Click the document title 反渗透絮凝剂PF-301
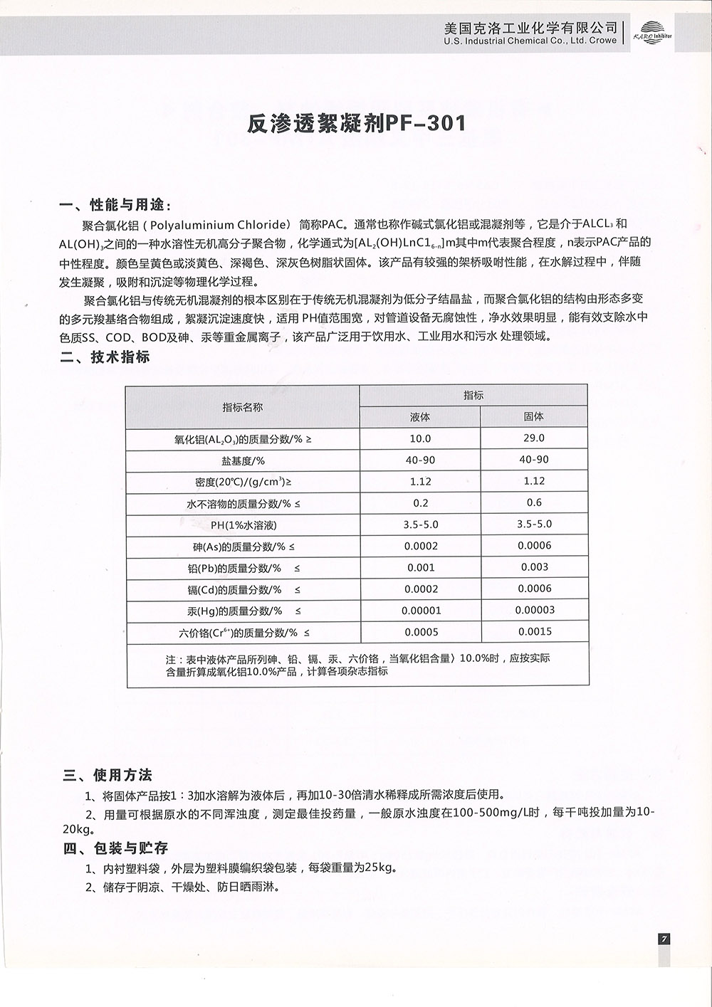356,124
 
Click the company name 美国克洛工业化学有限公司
530,28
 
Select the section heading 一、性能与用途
116,206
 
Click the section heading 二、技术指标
105,357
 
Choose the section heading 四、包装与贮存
116,848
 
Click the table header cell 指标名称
242,407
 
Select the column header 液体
420,417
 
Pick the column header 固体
533,416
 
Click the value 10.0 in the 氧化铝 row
420,439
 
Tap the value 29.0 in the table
533,438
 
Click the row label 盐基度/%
243,460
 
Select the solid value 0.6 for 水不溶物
534,502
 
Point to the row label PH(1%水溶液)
243,525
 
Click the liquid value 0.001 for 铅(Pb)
420,568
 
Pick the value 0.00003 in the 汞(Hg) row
534,610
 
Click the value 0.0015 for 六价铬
534,631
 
